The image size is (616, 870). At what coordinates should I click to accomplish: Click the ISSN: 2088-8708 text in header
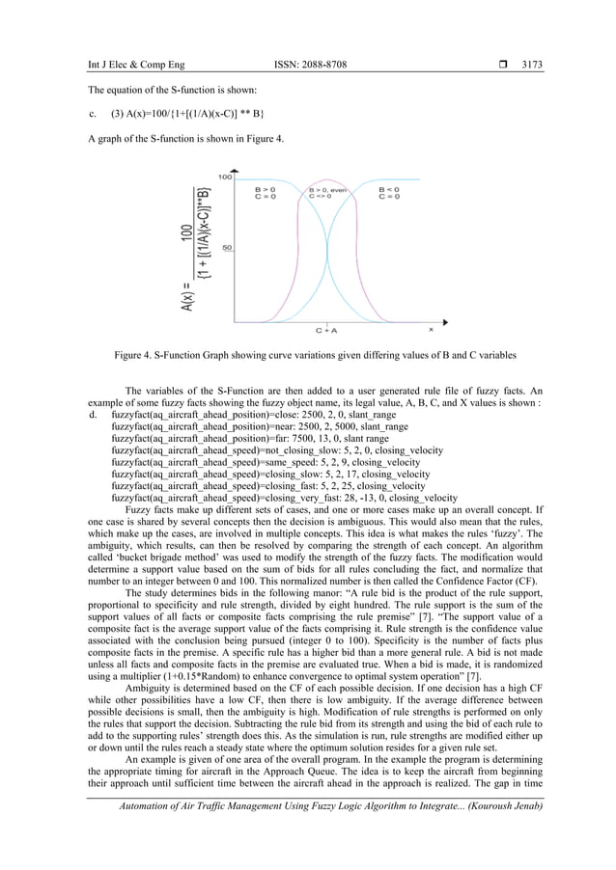click(x=311, y=65)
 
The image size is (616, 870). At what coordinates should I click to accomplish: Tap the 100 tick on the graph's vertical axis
click(x=223, y=177)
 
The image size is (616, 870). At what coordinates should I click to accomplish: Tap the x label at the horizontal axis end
click(x=431, y=329)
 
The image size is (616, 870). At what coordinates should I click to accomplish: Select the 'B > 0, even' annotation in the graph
click(x=327, y=190)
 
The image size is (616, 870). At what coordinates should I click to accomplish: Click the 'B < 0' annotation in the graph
click(x=389, y=190)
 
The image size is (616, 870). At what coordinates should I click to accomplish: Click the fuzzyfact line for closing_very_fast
click(x=285, y=498)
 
